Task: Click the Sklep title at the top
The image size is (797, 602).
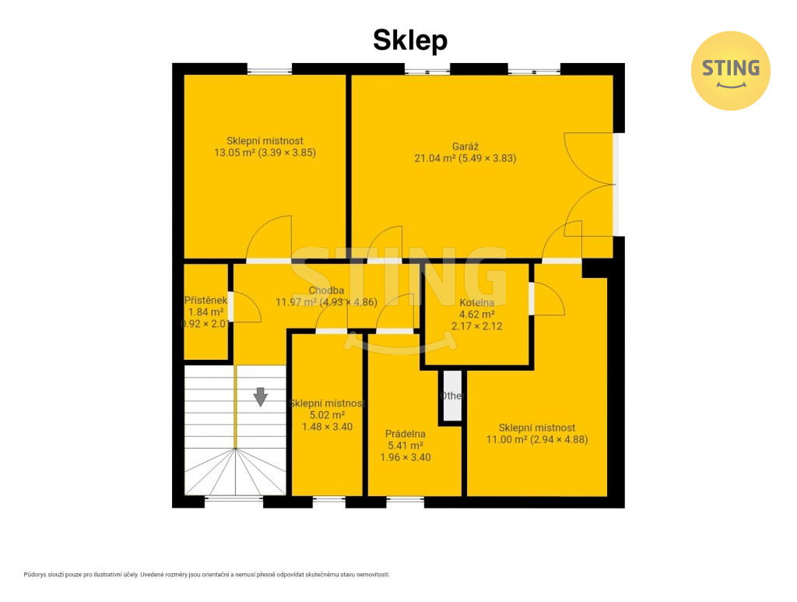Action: pos(410,40)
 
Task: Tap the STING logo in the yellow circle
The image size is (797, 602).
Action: pos(730,71)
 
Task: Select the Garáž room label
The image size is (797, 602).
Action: pos(465,146)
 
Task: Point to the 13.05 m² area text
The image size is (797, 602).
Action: pos(234,153)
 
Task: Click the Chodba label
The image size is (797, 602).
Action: pos(326,290)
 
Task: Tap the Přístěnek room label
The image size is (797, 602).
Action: pos(205,301)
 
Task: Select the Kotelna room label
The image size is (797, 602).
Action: pos(477,302)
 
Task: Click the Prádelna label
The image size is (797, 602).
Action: pos(405,434)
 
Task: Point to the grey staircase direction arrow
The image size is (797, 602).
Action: pos(261,396)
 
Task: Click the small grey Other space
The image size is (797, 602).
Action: pos(452,396)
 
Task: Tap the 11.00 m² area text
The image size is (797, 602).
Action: pos(507,439)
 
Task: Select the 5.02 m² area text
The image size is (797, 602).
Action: pos(328,415)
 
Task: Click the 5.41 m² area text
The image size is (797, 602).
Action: pos(406,445)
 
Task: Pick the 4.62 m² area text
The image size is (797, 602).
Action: pos(477,314)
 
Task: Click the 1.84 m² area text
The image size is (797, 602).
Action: pos(205,312)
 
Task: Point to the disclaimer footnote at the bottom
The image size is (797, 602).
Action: pos(207,575)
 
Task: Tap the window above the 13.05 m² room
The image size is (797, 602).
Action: pos(269,69)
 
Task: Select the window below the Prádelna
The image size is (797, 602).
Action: pos(405,502)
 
